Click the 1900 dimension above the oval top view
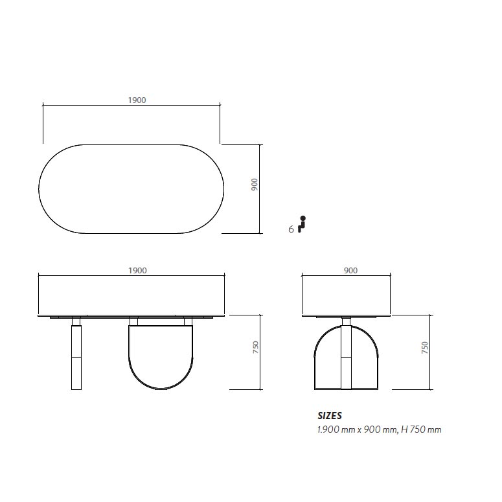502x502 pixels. click(x=137, y=100)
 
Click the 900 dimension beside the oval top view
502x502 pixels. click(x=254, y=185)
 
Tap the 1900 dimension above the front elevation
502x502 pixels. click(x=138, y=271)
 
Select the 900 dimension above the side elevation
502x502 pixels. click(x=350, y=271)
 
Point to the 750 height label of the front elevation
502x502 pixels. click(x=255, y=347)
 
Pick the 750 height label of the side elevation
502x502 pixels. click(x=424, y=348)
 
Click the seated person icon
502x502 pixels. click(x=302, y=224)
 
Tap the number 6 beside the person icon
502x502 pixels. click(x=291, y=229)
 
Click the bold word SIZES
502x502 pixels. click(x=330, y=416)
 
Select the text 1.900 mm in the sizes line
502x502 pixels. click(x=336, y=429)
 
